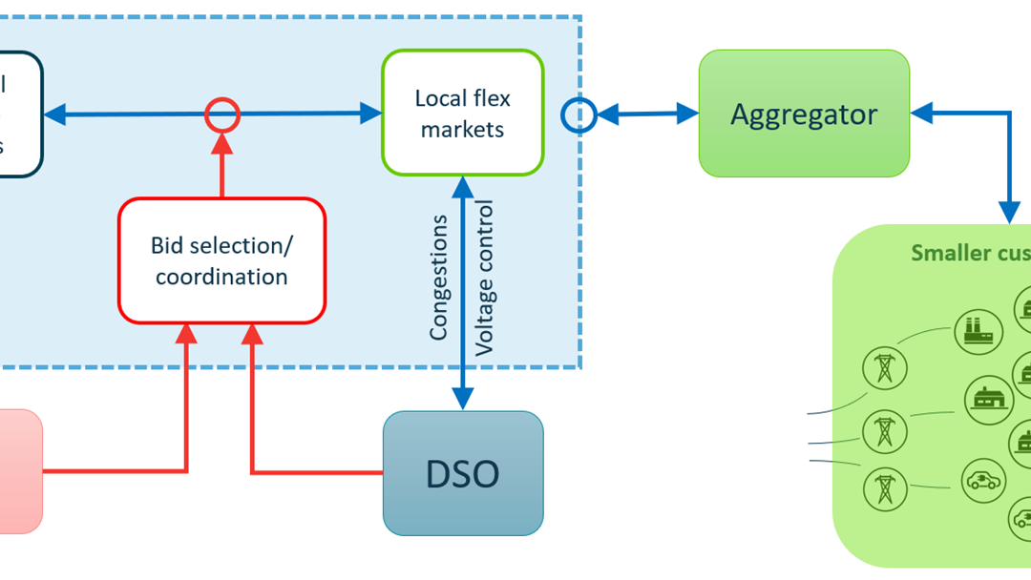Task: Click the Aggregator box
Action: pos(804,114)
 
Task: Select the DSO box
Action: pos(463,473)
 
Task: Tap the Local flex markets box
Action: pos(463,114)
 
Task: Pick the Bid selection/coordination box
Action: pos(221,260)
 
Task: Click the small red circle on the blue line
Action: pos(222,115)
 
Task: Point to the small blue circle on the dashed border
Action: pos(579,115)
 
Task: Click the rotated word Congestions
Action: pos(438,278)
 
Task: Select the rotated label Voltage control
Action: pos(486,278)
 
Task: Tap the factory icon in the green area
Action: pos(978,331)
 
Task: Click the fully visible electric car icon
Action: pos(983,481)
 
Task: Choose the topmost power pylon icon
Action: pos(884,368)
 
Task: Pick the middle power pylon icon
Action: pos(884,431)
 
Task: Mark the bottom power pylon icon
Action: pos(884,488)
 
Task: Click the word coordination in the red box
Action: pos(221,277)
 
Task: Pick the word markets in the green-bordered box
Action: pos(463,129)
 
